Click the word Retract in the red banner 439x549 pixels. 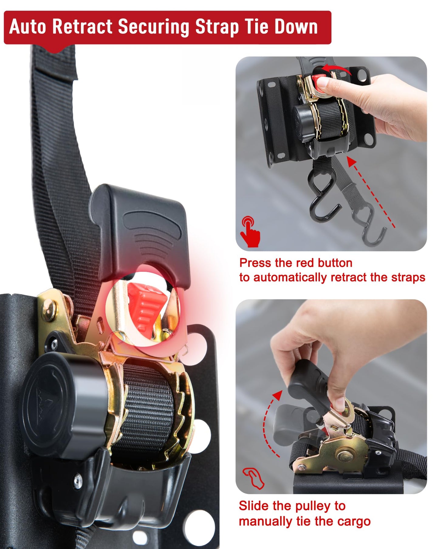(x=82, y=26)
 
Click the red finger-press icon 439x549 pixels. (x=250, y=231)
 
